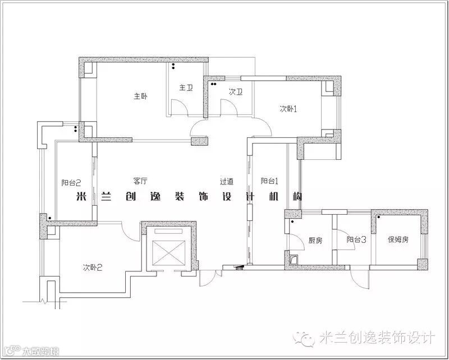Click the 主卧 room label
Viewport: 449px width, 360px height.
[x=140, y=96]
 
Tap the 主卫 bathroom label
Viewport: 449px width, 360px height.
[x=186, y=88]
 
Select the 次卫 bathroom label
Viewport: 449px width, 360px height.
[x=235, y=92]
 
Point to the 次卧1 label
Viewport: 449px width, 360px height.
[x=288, y=109]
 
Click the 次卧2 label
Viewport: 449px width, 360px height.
[x=93, y=267]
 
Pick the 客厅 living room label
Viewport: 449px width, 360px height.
[x=140, y=181]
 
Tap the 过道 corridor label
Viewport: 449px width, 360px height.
[x=227, y=182]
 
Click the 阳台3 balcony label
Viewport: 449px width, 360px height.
[x=356, y=239]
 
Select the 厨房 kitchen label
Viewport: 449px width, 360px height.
[x=315, y=240]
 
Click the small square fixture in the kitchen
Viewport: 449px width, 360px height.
[x=294, y=259]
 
